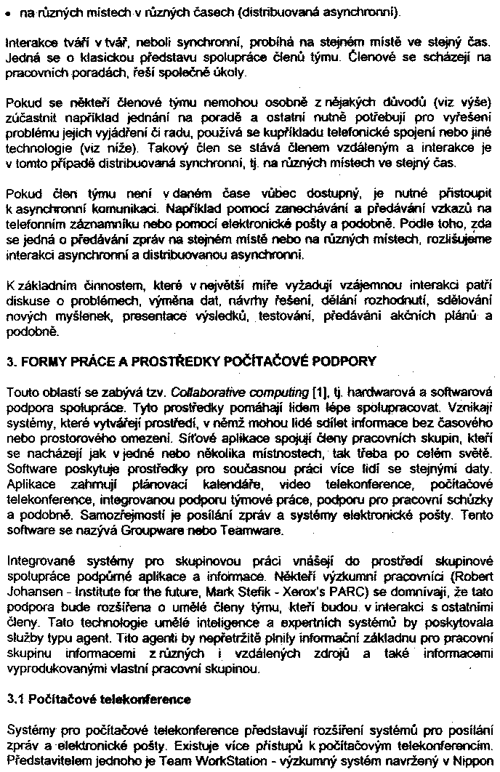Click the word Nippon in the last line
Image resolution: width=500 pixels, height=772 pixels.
[472, 760]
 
